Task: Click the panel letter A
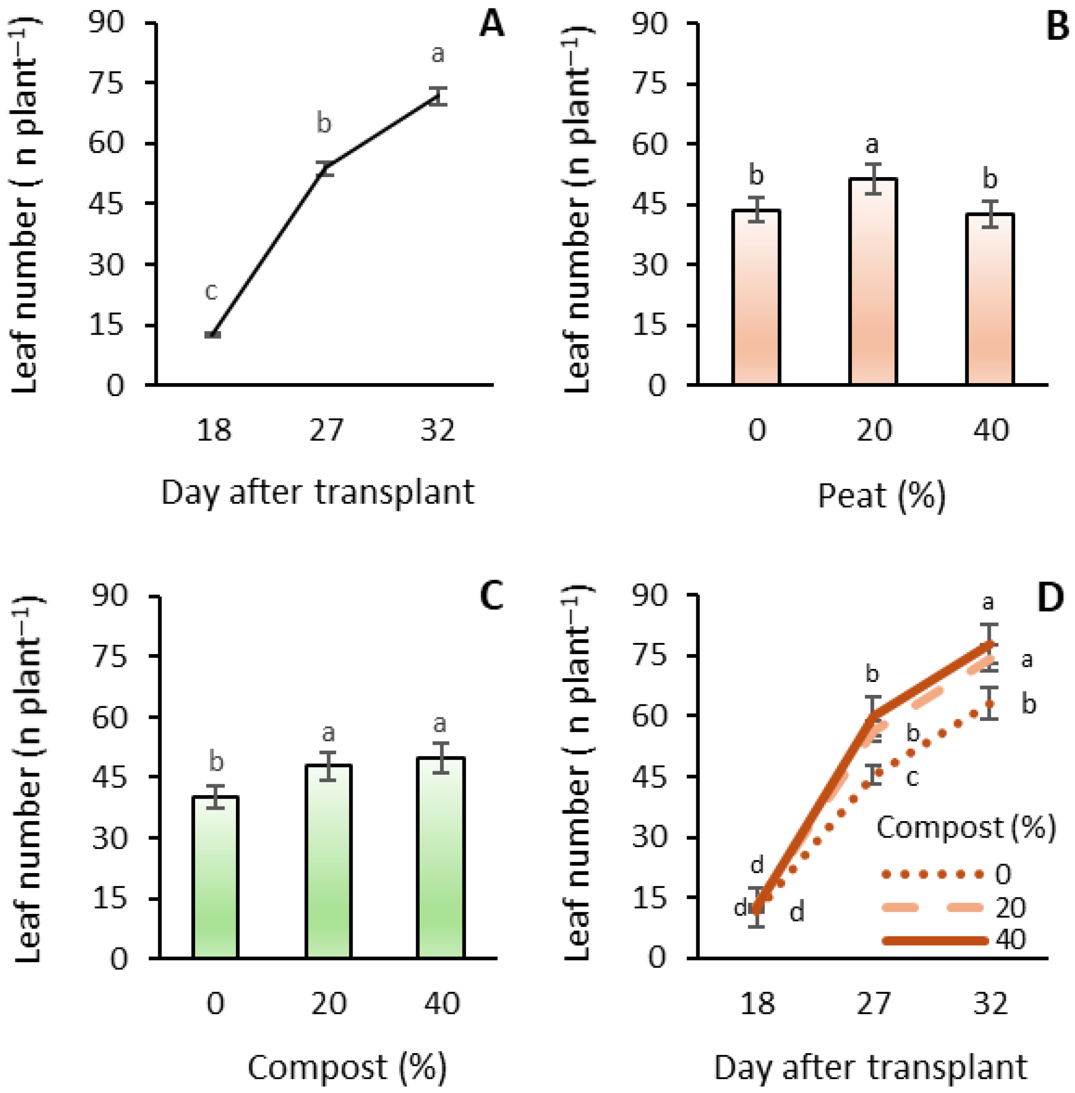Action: [491, 25]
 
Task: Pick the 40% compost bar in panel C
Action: [441, 858]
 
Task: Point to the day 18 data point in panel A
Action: [213, 335]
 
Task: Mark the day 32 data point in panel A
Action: [437, 96]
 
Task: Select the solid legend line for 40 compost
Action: [934, 940]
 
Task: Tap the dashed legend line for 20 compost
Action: [934, 907]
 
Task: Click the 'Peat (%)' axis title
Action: [881, 496]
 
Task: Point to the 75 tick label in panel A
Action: [106, 83]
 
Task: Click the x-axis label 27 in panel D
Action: [873, 1003]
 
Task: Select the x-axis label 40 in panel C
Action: [441, 1003]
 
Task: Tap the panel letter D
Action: [1050, 599]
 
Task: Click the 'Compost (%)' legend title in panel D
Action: [965, 828]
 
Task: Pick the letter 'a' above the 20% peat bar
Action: [872, 145]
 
